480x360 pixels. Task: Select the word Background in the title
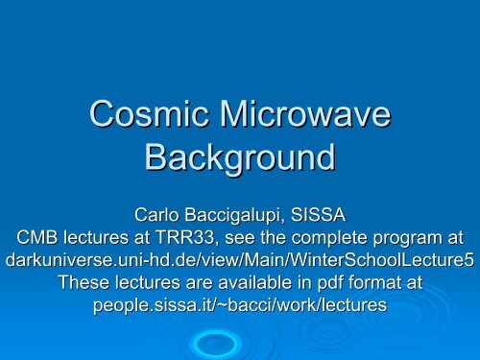(x=239, y=156)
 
